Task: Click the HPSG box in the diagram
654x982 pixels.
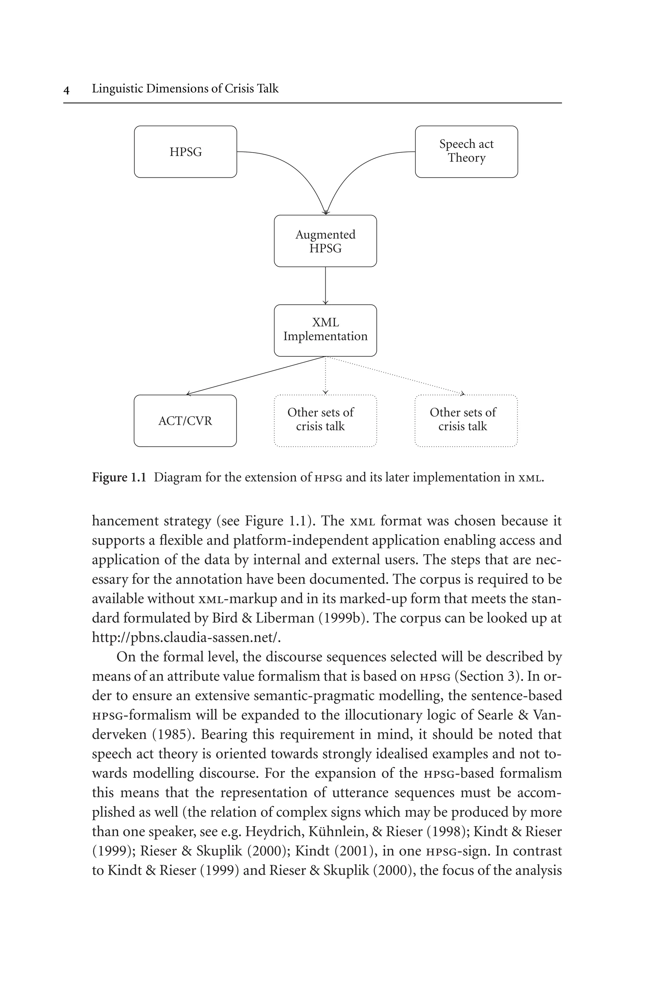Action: (x=185, y=152)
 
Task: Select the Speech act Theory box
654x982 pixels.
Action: (x=466, y=152)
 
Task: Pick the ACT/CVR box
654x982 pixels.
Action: (x=185, y=421)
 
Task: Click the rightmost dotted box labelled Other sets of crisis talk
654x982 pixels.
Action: (x=466, y=421)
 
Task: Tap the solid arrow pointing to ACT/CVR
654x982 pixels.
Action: (x=255, y=375)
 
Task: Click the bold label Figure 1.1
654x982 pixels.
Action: (x=119, y=477)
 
